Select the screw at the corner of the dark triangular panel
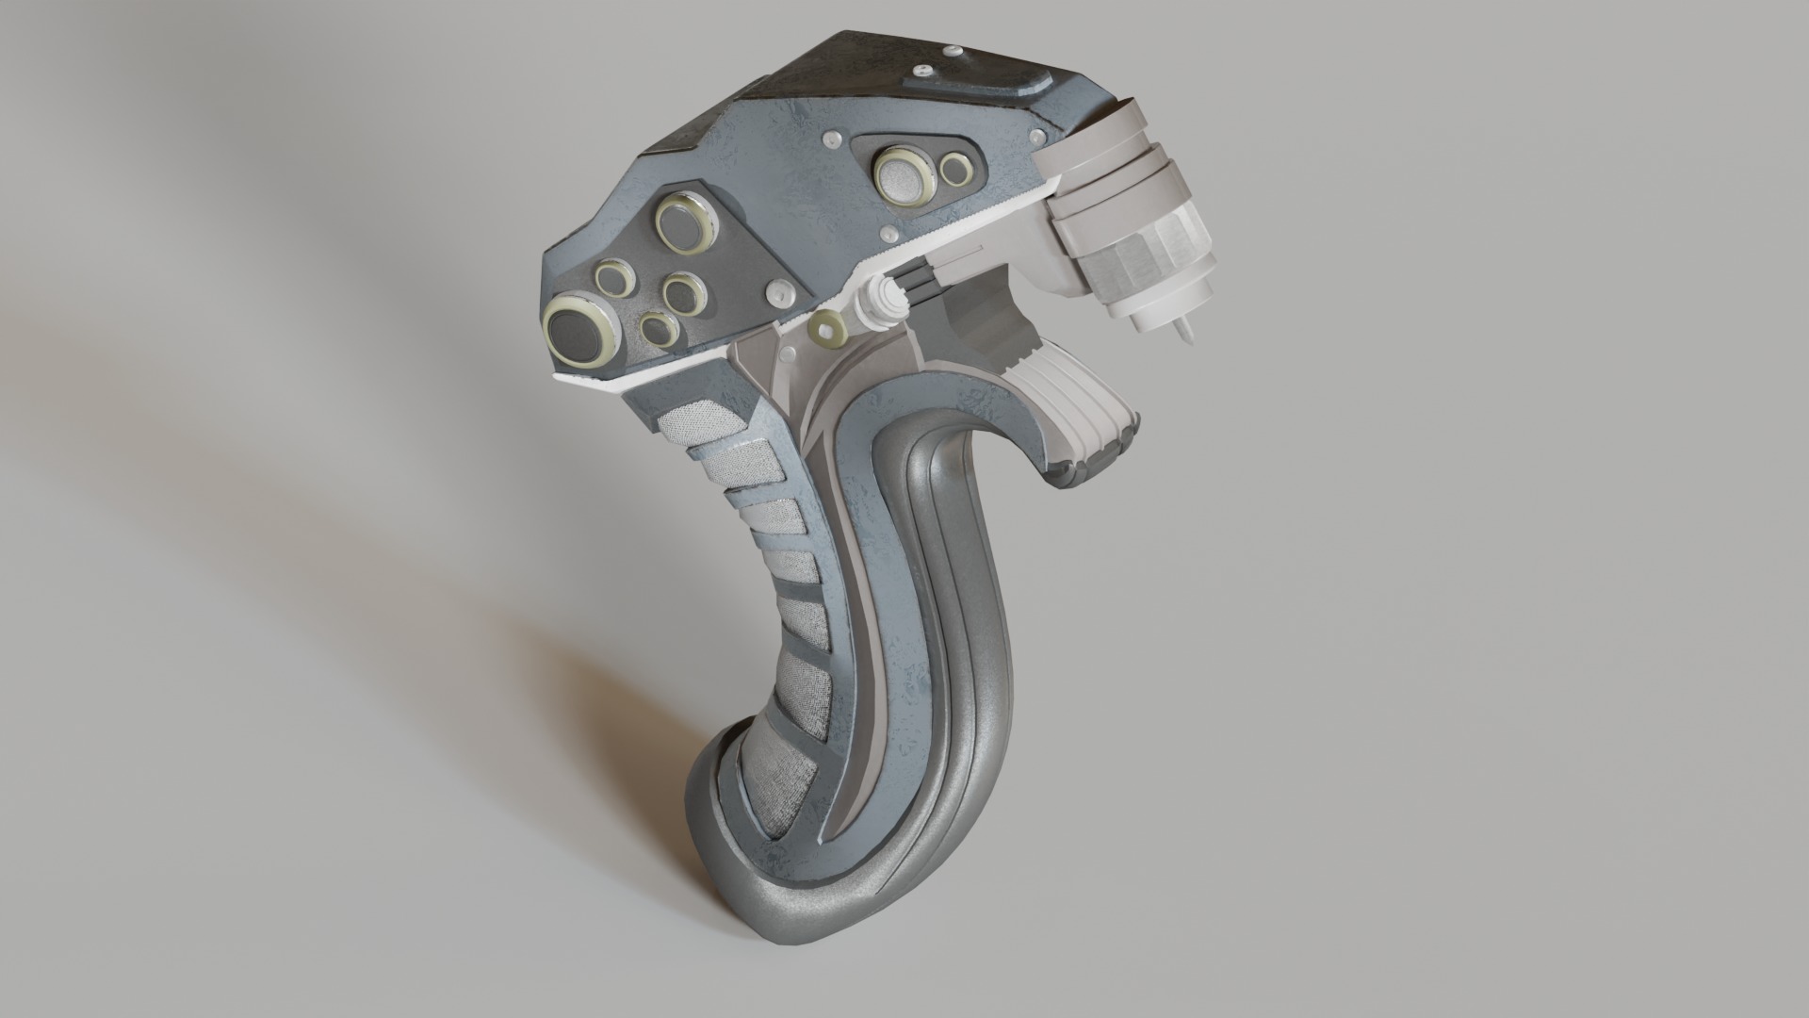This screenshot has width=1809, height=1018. pos(777,291)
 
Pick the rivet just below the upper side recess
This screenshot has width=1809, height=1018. pos(887,232)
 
